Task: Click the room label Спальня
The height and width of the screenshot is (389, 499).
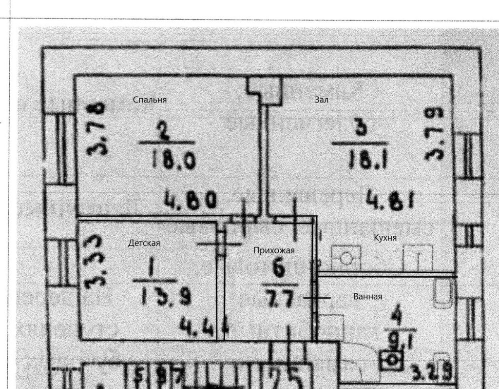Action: click(x=150, y=100)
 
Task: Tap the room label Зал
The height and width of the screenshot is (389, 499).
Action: click(x=322, y=100)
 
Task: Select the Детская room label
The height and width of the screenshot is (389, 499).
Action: click(x=144, y=243)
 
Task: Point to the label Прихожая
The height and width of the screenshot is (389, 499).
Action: click(x=274, y=250)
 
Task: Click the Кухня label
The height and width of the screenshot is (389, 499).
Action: click(x=385, y=238)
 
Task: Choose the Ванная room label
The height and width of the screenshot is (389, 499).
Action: click(x=367, y=297)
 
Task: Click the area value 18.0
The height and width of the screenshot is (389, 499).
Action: click(x=173, y=160)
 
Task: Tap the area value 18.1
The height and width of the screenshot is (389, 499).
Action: click(x=367, y=160)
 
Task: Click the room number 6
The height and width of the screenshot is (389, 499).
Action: click(x=279, y=270)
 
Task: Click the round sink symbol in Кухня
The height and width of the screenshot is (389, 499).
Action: click(x=346, y=258)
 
